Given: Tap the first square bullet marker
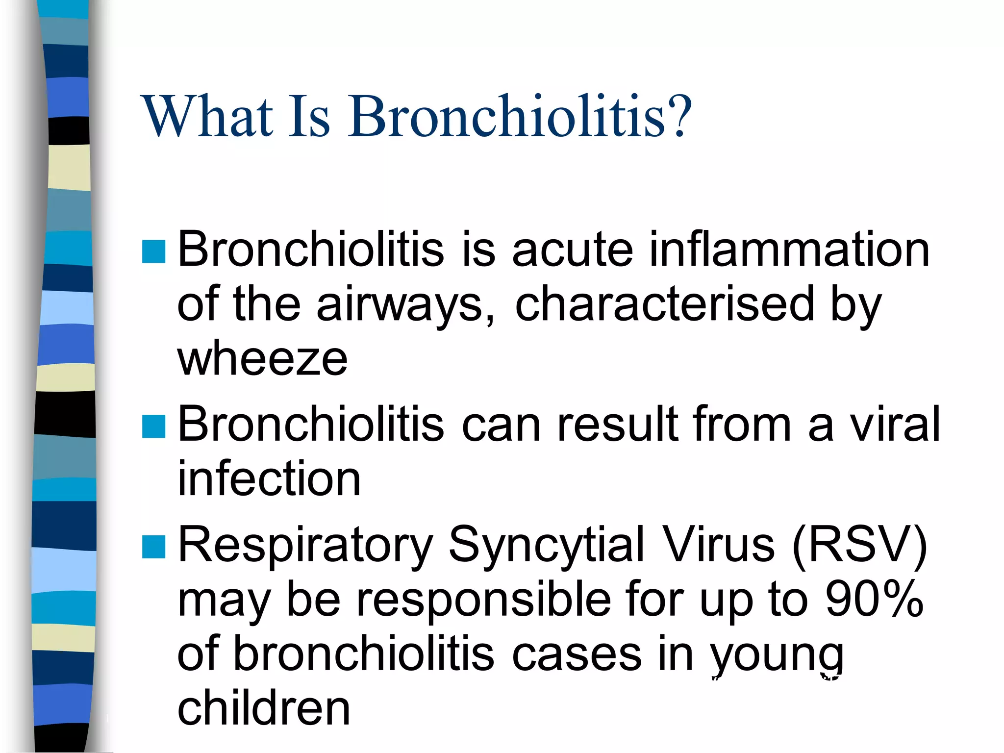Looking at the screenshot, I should [153, 252].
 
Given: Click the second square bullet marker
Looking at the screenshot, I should [153, 426].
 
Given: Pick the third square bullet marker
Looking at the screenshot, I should [153, 547].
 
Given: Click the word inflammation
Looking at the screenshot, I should [789, 250].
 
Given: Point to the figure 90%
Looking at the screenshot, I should [875, 599].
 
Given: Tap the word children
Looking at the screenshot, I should [264, 708].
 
